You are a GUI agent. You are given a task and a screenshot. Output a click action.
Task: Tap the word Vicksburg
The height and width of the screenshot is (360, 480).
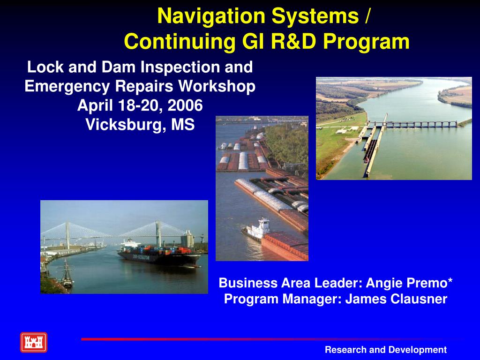click(x=126, y=125)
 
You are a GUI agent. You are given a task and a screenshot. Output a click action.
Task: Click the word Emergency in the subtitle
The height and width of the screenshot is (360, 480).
click(x=67, y=87)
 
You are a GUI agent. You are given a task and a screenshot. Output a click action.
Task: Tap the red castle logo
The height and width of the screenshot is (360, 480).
click(x=34, y=342)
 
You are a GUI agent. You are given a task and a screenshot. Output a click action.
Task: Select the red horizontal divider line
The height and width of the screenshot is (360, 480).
click(x=262, y=339)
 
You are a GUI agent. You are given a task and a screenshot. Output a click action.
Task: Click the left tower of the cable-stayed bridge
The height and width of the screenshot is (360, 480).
click(x=67, y=235)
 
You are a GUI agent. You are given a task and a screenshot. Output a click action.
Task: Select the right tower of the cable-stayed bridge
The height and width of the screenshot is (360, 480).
click(x=158, y=234)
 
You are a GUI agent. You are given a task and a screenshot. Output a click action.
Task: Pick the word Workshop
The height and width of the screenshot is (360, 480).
click(x=217, y=86)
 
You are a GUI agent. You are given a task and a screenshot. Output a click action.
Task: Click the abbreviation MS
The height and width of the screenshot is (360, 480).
click(x=183, y=125)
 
